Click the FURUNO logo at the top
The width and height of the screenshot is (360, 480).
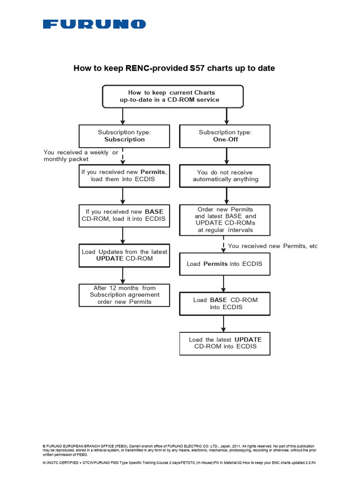(94, 24)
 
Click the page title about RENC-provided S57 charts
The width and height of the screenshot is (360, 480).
(174, 68)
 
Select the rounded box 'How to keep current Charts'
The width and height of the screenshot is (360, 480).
(172, 96)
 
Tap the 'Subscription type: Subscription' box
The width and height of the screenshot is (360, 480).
(124, 136)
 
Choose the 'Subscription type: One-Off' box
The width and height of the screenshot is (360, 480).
(225, 136)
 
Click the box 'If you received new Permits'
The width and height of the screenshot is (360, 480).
(123, 176)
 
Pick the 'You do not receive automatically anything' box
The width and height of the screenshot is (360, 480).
(225, 176)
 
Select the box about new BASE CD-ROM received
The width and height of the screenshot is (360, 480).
(123, 215)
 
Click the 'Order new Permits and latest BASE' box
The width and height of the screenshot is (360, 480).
(225, 220)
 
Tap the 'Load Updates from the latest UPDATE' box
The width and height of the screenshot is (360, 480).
(124, 255)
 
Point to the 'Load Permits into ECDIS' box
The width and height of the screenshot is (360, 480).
(225, 264)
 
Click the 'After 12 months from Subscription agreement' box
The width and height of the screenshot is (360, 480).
(124, 295)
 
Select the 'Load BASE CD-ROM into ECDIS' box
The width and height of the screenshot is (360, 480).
(225, 303)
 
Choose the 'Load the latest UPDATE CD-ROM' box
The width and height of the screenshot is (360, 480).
(225, 343)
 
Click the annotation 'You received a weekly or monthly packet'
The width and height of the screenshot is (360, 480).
(81, 156)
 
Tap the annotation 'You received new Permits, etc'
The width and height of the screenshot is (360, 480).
(272, 246)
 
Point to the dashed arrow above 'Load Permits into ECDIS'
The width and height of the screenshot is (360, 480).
(224, 245)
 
